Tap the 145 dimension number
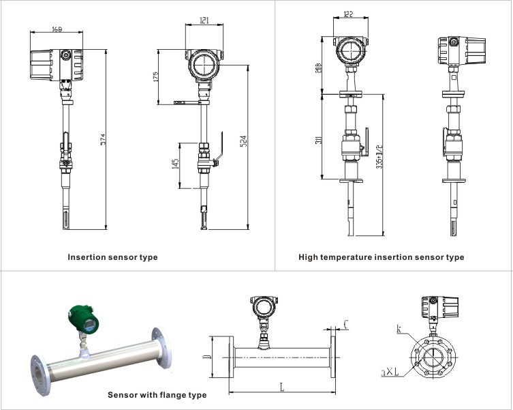[x=176, y=164]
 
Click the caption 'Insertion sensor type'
[x=112, y=258]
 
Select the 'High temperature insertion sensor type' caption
[x=381, y=258]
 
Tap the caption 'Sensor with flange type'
[x=157, y=395]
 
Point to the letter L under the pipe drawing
[x=282, y=387]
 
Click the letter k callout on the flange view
[x=399, y=330]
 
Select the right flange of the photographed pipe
[x=161, y=344]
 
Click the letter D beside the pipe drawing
[x=206, y=357]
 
